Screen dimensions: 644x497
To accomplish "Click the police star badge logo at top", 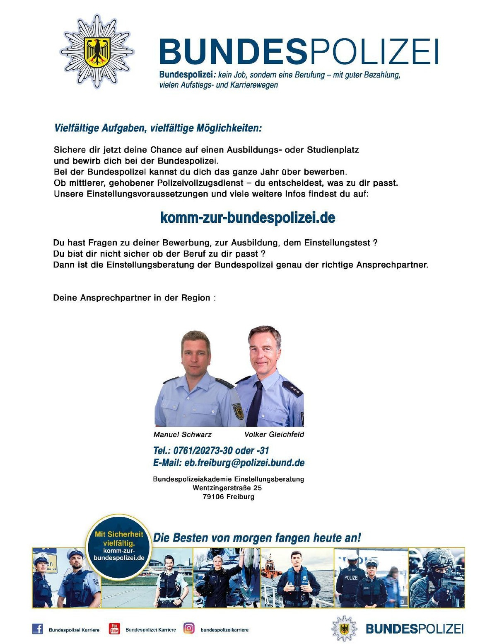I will [97, 51].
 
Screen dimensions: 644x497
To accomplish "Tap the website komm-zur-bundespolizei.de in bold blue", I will [248, 217].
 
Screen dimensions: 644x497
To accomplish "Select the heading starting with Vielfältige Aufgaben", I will [158, 128].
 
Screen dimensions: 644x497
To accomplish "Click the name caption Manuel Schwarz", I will [182, 434].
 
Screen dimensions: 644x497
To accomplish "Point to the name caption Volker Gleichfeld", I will [274, 434].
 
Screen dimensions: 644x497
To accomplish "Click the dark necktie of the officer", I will [255, 404].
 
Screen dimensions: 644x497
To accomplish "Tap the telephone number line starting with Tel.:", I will [211, 450].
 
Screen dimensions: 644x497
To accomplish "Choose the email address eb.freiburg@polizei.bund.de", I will [229, 462].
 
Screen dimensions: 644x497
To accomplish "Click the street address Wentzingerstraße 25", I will [227, 488].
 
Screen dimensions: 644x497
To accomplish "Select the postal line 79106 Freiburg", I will [229, 496].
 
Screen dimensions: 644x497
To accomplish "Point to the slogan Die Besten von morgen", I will [257, 538].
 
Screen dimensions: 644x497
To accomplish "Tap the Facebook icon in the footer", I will [38, 629].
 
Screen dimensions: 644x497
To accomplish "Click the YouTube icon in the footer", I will [114, 629].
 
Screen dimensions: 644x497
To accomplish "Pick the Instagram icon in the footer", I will [189, 629].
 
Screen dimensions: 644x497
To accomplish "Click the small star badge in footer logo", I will [344, 629].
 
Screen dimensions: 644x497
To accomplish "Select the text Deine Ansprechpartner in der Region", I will [134, 298].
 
